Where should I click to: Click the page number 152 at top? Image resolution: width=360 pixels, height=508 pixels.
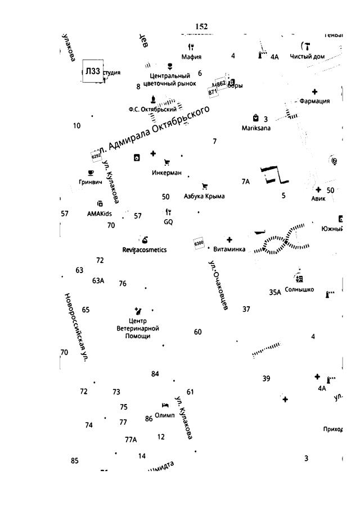coord(201,26)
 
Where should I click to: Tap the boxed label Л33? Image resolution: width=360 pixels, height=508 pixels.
coord(93,71)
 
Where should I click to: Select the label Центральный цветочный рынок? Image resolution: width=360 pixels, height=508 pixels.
coord(170,79)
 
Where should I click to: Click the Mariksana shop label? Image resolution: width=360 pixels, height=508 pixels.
coord(256,128)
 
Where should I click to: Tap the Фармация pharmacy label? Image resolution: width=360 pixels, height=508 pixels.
coord(314,101)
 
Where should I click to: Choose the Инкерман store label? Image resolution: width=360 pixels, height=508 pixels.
coord(166,173)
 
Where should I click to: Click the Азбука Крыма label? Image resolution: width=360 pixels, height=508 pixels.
coord(204,196)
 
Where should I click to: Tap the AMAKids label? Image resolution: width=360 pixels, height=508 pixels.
coord(99,214)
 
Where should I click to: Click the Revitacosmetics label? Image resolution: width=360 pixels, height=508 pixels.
coord(145,250)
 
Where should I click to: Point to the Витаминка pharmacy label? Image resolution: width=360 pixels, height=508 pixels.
coord(229,249)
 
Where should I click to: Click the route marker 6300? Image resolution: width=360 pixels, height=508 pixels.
coord(199,243)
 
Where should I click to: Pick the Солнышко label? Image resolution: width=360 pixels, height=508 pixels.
coord(299,290)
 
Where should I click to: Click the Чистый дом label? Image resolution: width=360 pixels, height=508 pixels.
coord(307,56)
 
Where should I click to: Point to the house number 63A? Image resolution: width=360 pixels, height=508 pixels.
coord(98,280)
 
